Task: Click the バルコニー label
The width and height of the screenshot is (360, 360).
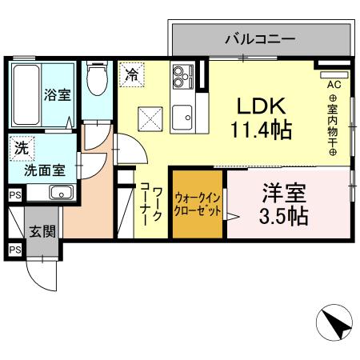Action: (x=260, y=38)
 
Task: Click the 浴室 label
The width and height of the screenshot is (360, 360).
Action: (x=57, y=94)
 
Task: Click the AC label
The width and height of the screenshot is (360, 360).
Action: (x=333, y=83)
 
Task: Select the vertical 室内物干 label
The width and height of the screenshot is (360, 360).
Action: (x=333, y=124)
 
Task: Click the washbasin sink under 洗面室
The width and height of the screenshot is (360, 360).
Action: (x=61, y=192)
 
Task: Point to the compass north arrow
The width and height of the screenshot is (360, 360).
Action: (x=336, y=325)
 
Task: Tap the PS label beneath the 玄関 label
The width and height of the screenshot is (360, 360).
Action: (x=14, y=250)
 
